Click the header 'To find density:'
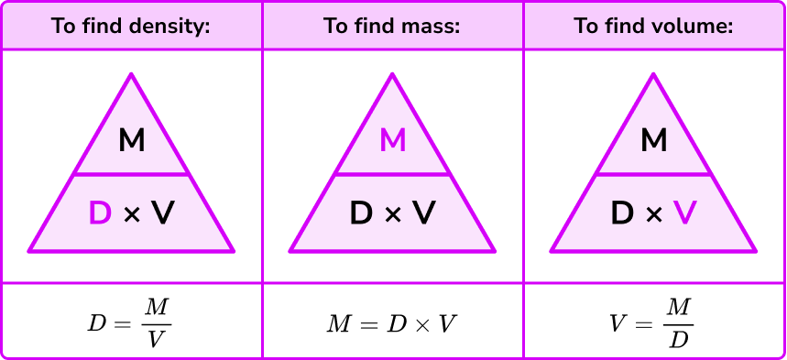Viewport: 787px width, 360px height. [131, 26]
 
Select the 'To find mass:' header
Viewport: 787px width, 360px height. [392, 26]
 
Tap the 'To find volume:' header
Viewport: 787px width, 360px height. [654, 26]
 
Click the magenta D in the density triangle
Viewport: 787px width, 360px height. [99, 214]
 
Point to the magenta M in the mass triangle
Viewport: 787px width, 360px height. [392, 141]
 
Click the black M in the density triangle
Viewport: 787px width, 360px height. [132, 141]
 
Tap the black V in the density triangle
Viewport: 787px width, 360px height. [163, 214]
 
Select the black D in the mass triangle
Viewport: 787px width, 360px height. [361, 214]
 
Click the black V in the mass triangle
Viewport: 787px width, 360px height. [424, 214]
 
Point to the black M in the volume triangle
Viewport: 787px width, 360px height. [654, 141]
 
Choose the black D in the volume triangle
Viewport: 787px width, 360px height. [622, 214]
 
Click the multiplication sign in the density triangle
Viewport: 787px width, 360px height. [131, 215]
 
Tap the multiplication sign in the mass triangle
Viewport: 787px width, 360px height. [392, 215]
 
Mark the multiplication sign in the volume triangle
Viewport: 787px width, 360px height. [653, 215]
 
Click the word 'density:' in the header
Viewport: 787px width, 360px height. [173, 26]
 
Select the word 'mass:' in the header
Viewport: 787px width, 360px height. [430, 26]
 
